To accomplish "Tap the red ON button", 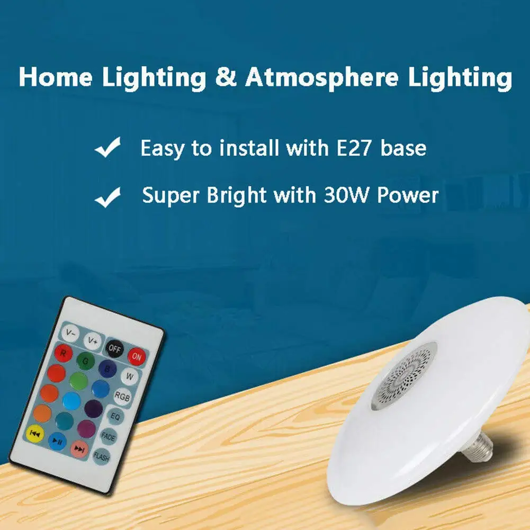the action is coord(137,356).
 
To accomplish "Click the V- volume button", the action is coord(70,333).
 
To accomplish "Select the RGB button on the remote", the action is coord(122,396).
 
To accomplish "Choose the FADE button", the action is coord(108,437).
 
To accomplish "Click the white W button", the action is coord(130,376).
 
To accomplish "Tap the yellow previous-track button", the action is coord(35,433).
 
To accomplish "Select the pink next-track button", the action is coord(79,449).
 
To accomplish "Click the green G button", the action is coord(86,361).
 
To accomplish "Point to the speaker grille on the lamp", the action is coord(405,375).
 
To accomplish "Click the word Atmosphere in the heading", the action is coord(322,77).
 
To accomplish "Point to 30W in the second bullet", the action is coord(346,195).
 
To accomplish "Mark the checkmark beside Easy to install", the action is coord(108,147).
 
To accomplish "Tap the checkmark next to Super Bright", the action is coord(108,197).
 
